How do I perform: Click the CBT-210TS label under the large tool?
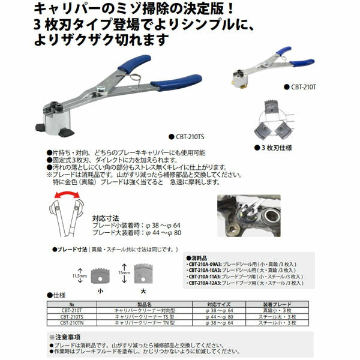point(191,137)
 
